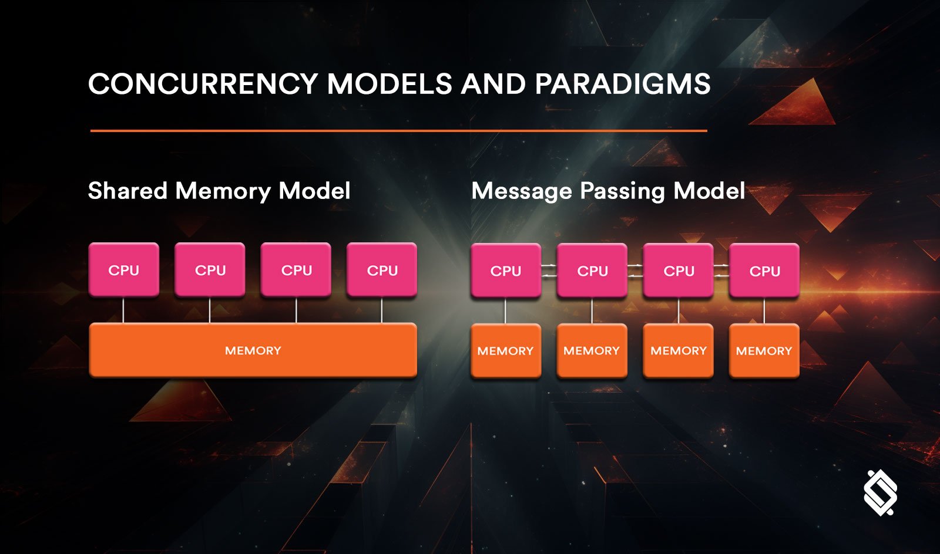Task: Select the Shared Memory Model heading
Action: (219, 191)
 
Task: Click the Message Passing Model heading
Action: (608, 191)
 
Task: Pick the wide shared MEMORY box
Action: (253, 350)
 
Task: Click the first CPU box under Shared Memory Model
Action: (123, 270)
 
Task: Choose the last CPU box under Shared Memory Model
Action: (382, 270)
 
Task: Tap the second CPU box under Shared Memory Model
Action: (210, 270)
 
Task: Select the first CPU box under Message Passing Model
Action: (506, 271)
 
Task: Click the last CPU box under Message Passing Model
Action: (764, 271)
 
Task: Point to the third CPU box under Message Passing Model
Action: (679, 271)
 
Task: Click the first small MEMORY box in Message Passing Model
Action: (506, 350)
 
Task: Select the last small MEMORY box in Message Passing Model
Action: (764, 350)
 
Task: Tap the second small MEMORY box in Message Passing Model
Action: (592, 350)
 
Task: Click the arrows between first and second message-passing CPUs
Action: (549, 271)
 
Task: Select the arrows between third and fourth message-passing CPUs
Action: (721, 271)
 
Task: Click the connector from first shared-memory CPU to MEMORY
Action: (123, 310)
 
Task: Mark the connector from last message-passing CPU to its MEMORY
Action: (764, 310)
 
